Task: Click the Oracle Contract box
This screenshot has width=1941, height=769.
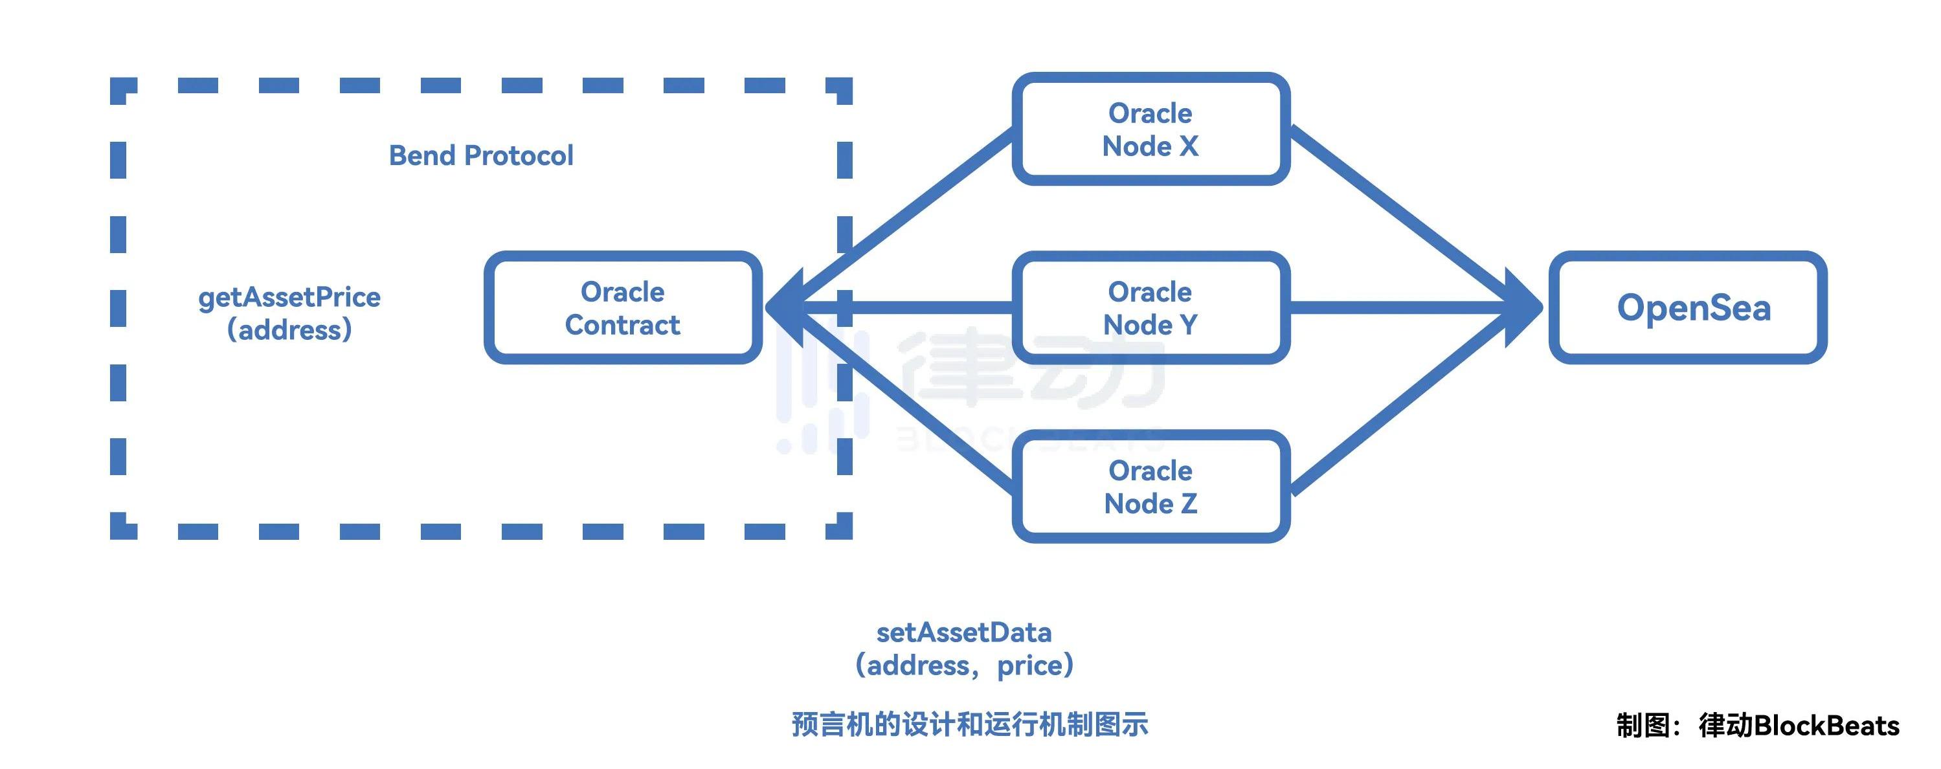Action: (x=622, y=307)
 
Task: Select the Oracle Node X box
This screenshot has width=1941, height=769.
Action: (x=1150, y=129)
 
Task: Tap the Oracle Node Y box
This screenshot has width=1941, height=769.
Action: (x=1150, y=307)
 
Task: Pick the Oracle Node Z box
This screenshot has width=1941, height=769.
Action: (x=1150, y=487)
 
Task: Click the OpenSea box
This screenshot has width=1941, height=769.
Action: (x=1687, y=307)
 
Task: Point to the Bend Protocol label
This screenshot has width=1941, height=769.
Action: (x=481, y=155)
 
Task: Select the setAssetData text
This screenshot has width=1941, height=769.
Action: (x=964, y=632)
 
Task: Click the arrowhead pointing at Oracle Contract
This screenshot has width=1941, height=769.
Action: (x=783, y=307)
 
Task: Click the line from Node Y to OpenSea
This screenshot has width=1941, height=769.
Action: (x=1394, y=307)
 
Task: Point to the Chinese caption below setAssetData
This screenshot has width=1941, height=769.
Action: (x=970, y=724)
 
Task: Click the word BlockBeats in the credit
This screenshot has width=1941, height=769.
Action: (x=1826, y=726)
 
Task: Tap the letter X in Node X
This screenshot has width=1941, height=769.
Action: (x=1188, y=146)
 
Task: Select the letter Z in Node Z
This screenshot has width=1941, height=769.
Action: (x=1188, y=503)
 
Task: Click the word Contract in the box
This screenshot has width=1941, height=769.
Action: (x=622, y=324)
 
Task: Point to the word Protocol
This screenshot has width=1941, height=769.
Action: (x=519, y=155)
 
